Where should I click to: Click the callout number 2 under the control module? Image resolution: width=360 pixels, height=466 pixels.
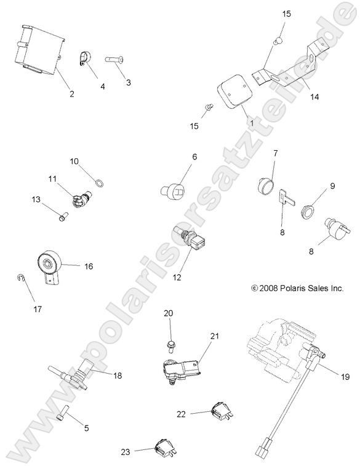tap(71, 94)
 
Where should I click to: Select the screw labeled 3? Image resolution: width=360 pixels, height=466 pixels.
tap(114, 60)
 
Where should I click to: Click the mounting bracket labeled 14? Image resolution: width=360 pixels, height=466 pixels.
tap(289, 65)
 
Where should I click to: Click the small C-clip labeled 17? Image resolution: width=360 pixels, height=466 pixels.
tap(20, 277)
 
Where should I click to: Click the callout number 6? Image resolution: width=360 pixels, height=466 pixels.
tap(194, 156)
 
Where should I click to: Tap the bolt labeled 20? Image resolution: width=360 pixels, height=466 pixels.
tap(171, 347)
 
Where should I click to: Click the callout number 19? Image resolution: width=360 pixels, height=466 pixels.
tap(345, 377)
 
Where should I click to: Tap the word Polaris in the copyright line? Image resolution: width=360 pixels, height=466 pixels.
tap(292, 288)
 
